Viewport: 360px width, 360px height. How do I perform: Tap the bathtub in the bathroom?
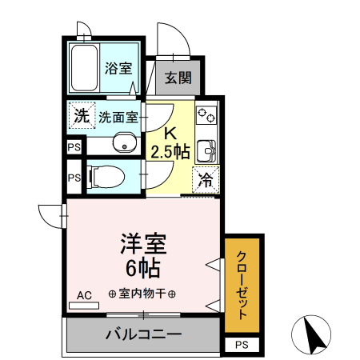pyautogui.click(x=84, y=69)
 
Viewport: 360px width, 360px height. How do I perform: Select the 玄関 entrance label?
pyautogui.click(x=178, y=78)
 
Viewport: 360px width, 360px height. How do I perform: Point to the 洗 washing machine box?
pyautogui.click(x=81, y=116)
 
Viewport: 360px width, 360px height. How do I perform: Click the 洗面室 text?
pyautogui.click(x=118, y=117)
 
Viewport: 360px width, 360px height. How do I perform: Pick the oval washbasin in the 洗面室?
pyautogui.click(x=124, y=145)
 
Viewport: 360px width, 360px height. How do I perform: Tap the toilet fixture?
pyautogui.click(x=102, y=175)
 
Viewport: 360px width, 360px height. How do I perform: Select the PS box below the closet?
pyautogui.click(x=242, y=344)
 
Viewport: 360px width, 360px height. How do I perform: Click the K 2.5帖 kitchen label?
pyautogui.click(x=171, y=142)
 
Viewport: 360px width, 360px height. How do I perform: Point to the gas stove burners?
pyautogui.click(x=206, y=116)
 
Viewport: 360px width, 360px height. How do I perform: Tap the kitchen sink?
pyautogui.click(x=206, y=150)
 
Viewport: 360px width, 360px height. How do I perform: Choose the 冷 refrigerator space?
pyautogui.click(x=205, y=181)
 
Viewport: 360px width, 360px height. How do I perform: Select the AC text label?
pyautogui.click(x=84, y=295)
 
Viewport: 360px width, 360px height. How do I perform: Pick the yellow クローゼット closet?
pyautogui.click(x=242, y=284)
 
